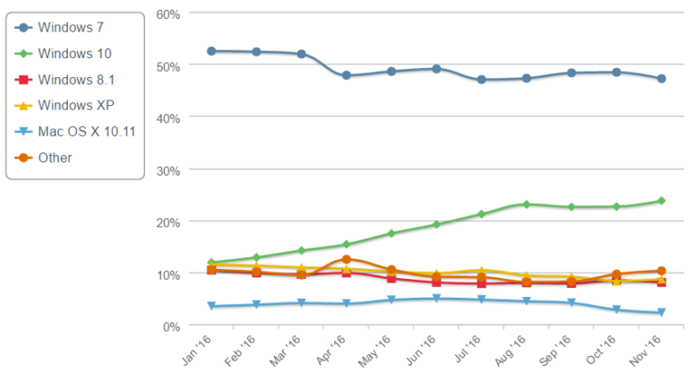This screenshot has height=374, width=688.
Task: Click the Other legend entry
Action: [55, 158]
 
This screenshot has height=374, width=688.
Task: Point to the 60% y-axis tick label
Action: [168, 14]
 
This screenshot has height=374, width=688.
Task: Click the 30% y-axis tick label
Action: [168, 170]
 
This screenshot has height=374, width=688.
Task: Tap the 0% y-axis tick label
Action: [172, 326]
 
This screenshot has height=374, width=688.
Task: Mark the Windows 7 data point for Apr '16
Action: [346, 75]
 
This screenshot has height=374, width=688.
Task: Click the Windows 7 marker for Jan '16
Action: [211, 51]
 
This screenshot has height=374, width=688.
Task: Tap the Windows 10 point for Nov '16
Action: [661, 201]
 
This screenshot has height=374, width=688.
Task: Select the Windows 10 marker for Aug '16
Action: [526, 204]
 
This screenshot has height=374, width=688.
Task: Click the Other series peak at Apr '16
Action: [346, 259]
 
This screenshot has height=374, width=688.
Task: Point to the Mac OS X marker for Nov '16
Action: [661, 313]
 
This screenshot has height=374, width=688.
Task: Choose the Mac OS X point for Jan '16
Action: [211, 306]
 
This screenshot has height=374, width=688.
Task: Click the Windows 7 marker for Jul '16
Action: [481, 80]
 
